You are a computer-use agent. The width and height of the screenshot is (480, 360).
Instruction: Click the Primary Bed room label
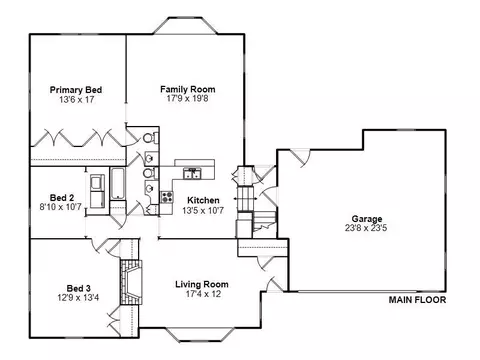tap(76, 90)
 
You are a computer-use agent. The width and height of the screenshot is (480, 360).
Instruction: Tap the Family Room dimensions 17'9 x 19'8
tap(187, 98)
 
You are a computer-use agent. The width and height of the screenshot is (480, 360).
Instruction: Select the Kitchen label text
tap(203, 200)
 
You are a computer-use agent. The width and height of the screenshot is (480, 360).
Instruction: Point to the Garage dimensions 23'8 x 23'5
tap(366, 228)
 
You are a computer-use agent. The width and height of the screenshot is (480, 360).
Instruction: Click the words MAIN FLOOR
tap(417, 300)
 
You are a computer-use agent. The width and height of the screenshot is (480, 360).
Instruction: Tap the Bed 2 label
tap(62, 198)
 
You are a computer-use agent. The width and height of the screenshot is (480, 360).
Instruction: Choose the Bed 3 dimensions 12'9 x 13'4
tap(78, 297)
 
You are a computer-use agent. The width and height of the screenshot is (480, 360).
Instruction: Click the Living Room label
tap(202, 284)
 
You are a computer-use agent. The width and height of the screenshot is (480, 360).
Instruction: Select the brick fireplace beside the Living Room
tap(131, 282)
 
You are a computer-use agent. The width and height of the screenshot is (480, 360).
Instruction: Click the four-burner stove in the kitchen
tap(167, 197)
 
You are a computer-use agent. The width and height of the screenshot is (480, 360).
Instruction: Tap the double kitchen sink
tap(192, 174)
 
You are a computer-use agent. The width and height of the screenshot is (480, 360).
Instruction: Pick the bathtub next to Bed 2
tap(118, 184)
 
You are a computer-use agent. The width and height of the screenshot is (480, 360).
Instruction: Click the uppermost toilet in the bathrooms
tap(150, 138)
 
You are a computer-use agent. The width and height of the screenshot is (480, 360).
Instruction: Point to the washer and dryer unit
tap(98, 191)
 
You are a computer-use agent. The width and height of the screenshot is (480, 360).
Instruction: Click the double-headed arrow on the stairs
tap(245, 198)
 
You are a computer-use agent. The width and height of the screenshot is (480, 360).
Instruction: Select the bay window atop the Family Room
tap(185, 25)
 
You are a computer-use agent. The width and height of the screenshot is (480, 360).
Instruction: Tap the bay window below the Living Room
tap(200, 335)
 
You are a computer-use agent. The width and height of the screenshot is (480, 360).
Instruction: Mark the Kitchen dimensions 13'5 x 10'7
tap(203, 210)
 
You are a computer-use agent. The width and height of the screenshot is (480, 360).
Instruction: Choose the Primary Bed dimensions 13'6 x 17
tap(77, 99)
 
